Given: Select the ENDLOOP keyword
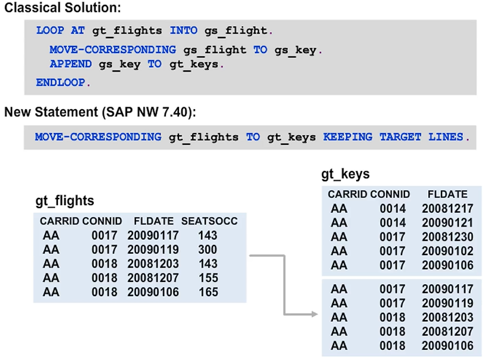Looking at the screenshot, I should tap(61, 83).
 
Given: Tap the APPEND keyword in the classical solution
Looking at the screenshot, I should tap(70, 64).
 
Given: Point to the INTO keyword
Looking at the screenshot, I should tap(183, 30).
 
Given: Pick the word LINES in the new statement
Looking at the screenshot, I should tap(446, 137).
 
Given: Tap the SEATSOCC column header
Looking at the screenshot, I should tap(209, 221).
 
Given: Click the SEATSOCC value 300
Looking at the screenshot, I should tap(208, 250).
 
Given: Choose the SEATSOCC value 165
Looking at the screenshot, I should tap(208, 292).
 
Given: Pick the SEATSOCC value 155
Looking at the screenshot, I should tap(208, 278).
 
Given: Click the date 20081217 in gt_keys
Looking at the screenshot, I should tap(447, 208).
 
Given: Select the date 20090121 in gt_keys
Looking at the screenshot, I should tap(447, 222).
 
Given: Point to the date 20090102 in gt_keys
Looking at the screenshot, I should tap(447, 250).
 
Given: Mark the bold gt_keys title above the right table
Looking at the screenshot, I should tap(345, 175).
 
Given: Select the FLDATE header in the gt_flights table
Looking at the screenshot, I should tap(153, 221).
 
